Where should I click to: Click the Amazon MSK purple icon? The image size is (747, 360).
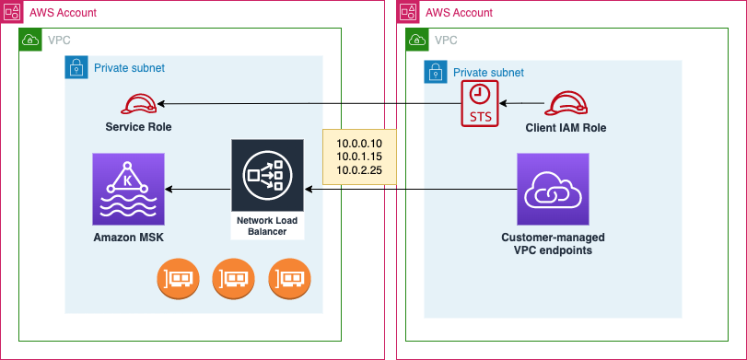click(128, 189)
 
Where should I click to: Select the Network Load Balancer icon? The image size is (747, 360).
click(267, 175)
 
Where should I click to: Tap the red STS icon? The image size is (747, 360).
click(479, 102)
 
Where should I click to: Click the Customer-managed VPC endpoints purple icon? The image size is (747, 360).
click(553, 189)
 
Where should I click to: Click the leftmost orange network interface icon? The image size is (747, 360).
click(178, 279)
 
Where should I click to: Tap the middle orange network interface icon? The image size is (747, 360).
click(232, 279)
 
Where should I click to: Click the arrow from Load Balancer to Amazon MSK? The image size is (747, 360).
click(197, 189)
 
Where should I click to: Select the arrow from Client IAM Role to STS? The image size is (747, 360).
click(521, 103)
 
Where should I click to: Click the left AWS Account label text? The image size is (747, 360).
click(63, 13)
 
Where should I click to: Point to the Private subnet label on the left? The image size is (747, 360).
click(129, 68)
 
